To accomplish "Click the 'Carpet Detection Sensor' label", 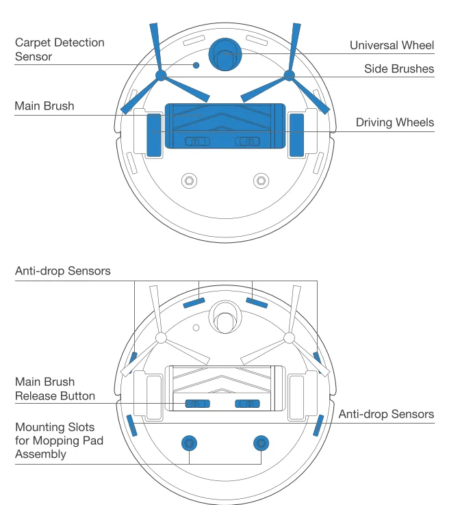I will (60, 49).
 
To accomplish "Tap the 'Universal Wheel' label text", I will (392, 45).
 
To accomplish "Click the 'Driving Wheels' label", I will (394, 122).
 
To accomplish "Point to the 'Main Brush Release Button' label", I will (55, 389).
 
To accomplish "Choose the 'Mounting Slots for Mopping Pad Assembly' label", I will (59, 440).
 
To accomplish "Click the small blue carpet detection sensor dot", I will (196, 65).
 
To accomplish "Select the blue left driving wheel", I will (154, 131).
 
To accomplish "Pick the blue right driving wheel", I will (296, 131).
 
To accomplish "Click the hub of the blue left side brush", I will (160, 75).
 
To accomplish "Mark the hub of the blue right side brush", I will (289, 75).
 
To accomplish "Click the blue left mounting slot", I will (188, 443).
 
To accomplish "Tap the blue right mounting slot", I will (259, 443).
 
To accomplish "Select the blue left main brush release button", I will (199, 404).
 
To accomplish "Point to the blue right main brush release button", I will (247, 404).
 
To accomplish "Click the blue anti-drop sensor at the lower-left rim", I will (131, 426).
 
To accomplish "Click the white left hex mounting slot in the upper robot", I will (188, 181).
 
